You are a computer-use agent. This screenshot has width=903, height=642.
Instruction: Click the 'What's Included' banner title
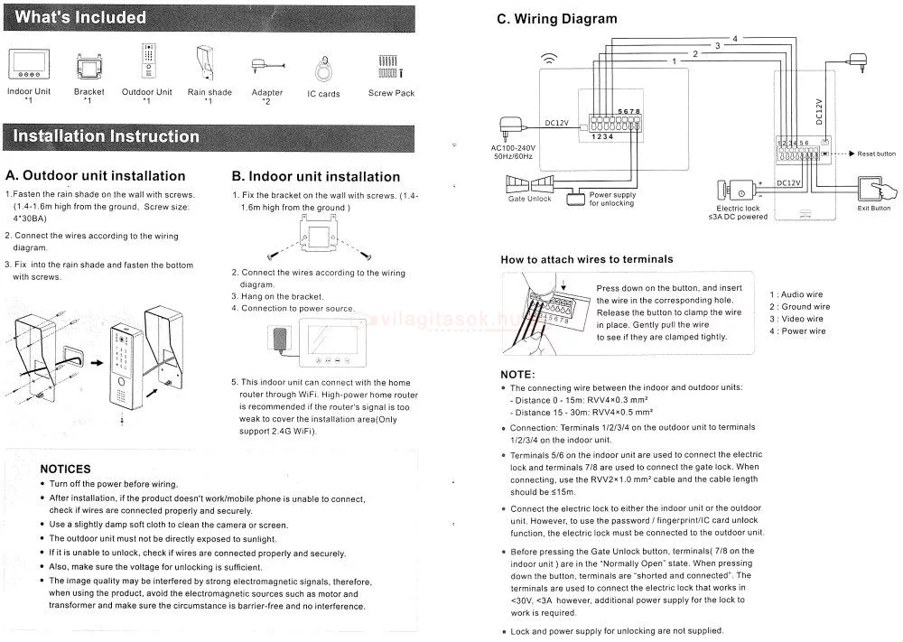coord(80,17)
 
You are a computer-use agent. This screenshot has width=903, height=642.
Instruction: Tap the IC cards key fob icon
coord(323,70)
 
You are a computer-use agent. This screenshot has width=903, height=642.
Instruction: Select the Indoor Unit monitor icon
coord(29,64)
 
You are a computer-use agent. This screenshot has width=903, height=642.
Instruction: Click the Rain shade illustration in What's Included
coord(206,63)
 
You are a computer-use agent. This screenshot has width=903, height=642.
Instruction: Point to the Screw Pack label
coord(391,93)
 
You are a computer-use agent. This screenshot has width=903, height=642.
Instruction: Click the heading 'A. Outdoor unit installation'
coord(96,175)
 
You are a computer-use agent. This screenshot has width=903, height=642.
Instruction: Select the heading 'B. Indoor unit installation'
coord(315,177)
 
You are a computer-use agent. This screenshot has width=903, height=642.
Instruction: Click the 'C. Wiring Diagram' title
coord(557,19)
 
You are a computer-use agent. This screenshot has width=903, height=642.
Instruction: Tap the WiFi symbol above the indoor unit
coord(550,58)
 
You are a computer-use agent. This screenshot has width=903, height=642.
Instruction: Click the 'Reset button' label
coord(876,154)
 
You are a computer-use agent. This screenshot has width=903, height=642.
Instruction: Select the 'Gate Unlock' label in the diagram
coord(530,199)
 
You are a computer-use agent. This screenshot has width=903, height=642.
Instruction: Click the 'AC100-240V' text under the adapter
coord(513,148)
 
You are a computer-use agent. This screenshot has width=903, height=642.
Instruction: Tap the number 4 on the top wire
coord(735,39)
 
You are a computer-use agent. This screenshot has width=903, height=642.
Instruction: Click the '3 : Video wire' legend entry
coord(796,319)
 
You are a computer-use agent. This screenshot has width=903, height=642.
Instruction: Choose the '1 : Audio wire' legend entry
coord(796,294)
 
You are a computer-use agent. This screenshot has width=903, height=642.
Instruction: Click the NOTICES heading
coord(66,469)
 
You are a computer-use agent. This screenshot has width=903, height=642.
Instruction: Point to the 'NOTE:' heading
coord(517,374)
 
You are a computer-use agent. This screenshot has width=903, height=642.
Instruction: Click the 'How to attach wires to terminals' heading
coord(587,260)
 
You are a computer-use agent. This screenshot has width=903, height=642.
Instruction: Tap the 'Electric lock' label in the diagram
coord(738,209)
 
